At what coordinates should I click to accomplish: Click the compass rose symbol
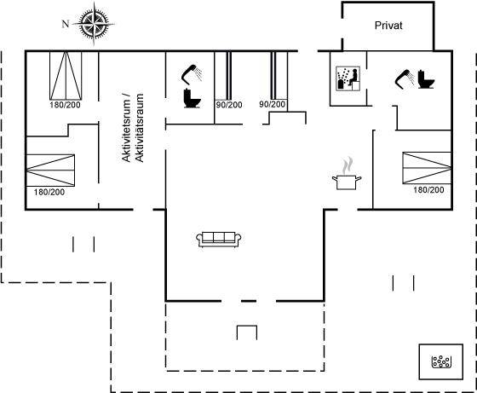94,23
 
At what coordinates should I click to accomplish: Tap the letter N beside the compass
66,24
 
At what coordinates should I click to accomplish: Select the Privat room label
388,26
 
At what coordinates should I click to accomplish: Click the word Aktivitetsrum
126,127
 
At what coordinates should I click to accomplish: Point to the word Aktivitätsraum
139,128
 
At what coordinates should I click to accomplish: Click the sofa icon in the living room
219,240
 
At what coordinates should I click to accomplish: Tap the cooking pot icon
347,182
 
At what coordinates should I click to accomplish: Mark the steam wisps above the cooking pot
348,165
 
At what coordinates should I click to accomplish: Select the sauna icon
348,78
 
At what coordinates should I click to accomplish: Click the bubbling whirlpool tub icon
441,361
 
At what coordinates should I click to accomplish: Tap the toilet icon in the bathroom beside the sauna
426,79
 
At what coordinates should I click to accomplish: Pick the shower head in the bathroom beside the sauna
405,78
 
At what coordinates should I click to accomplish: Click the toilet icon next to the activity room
193,98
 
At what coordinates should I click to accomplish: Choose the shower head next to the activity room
192,73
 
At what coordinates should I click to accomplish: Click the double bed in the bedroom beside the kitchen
427,168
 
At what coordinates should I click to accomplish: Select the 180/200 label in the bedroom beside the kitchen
428,190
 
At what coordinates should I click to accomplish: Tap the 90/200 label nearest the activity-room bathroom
229,105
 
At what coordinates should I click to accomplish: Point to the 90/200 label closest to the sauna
273,104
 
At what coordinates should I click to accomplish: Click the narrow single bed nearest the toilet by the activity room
229,76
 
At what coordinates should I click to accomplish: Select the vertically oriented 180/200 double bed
66,76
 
